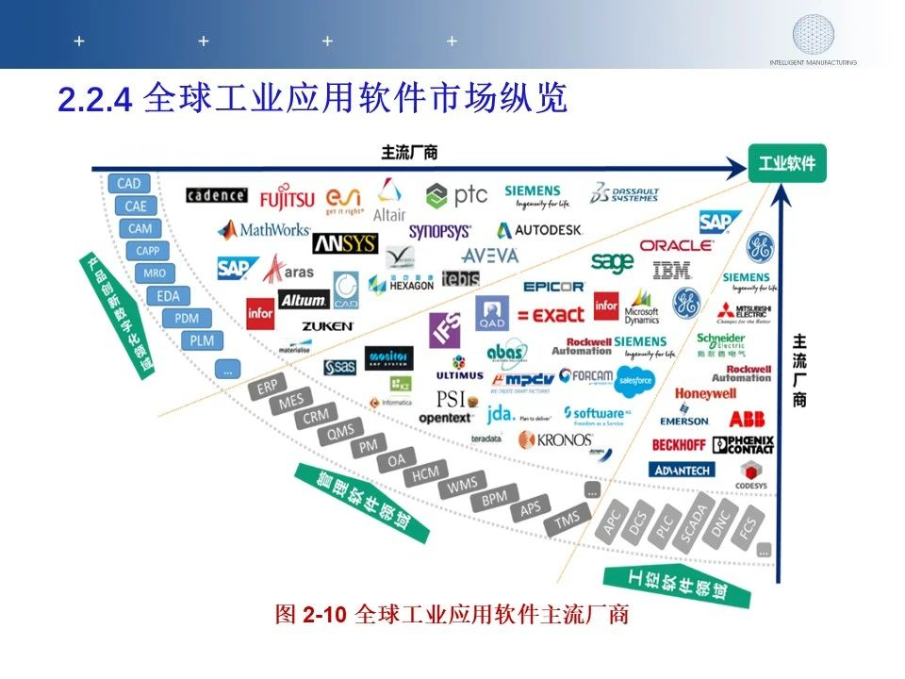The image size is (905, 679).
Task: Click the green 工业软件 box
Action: pos(787,164)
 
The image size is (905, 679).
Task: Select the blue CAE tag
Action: pos(135,206)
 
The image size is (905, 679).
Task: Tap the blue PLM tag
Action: pos(202,340)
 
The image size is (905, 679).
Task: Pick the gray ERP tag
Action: pos(268,388)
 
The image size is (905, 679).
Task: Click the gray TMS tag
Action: pos(568,519)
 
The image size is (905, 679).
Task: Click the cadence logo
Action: pos(217,196)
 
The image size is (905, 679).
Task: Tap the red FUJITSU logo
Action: pos(287,199)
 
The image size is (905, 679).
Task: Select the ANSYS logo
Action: pos(344,244)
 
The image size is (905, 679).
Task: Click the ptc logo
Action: pos(456,195)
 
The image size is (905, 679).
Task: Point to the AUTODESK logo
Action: pos(540,229)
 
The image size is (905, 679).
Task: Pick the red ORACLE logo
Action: pos(677,245)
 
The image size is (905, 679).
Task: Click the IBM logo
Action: pos(672,271)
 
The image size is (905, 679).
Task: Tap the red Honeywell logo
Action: pos(705,394)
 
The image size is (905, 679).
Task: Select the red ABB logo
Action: pos(747,419)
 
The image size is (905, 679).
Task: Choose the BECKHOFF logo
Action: pos(679,444)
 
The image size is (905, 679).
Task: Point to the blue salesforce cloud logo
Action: pos(633,380)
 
